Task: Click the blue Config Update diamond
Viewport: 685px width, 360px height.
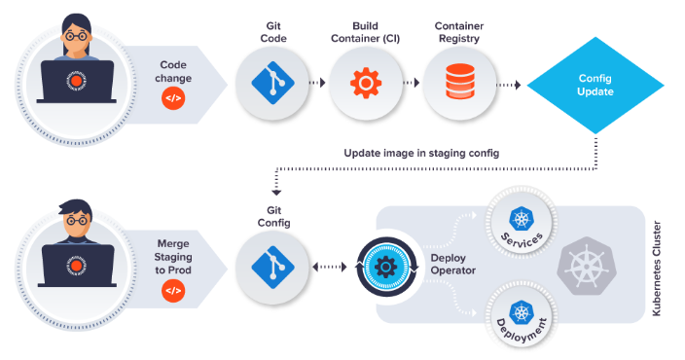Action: pos(595,85)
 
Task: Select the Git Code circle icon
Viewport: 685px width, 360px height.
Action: pos(272,83)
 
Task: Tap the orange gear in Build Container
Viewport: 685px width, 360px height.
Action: pos(366,83)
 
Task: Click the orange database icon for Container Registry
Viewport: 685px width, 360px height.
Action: pos(459,82)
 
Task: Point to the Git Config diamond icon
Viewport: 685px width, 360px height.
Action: pos(272,267)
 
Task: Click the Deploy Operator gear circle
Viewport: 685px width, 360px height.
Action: pos(386,267)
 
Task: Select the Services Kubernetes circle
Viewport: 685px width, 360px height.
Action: pos(522,222)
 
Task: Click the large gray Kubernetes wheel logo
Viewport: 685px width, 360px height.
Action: pos(587,266)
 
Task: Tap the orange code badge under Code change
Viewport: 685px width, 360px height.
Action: pos(173,98)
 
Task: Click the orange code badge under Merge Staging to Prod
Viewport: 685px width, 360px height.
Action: pos(173,291)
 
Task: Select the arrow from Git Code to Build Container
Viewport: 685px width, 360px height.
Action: pos(317,83)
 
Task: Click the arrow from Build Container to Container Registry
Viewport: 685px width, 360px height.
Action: pos(411,83)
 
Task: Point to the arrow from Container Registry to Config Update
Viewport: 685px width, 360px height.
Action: pos(509,85)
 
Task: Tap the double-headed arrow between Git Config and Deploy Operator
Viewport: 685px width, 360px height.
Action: pos(330,267)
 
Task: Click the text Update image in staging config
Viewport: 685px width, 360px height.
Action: pos(421,154)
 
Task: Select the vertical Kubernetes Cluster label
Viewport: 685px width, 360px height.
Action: pos(656,269)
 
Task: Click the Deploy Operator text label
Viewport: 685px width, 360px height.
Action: pos(453,265)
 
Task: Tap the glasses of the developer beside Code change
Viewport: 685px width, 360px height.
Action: pos(76,36)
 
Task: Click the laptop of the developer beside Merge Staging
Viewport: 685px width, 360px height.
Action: pos(77,266)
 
